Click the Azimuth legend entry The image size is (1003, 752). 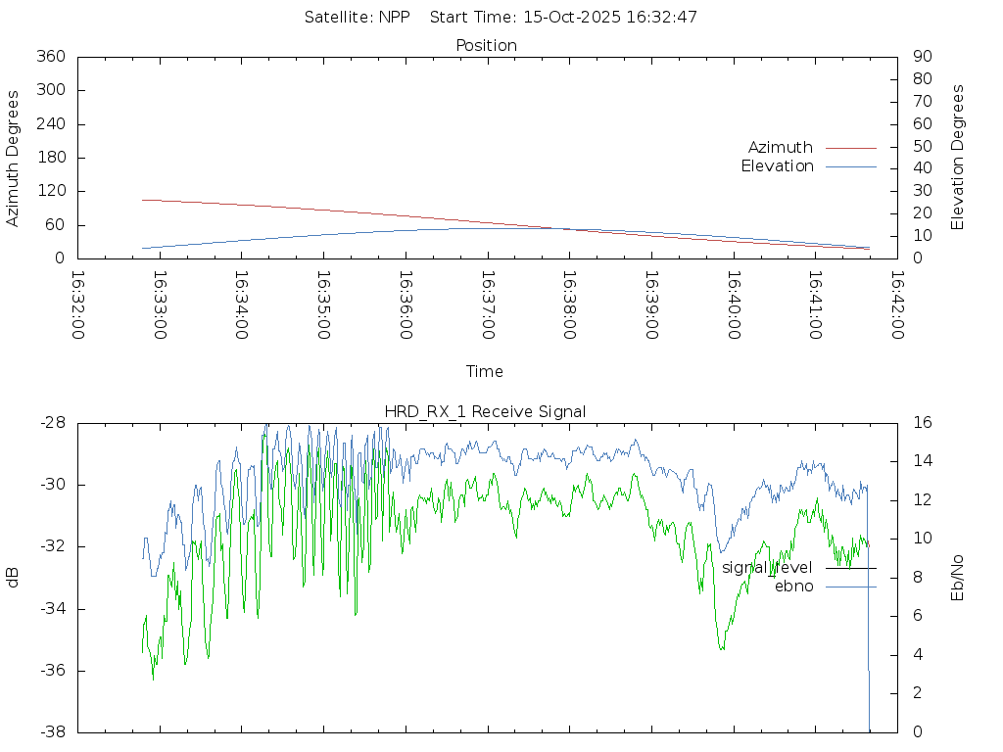(781, 148)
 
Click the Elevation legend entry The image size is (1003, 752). (777, 166)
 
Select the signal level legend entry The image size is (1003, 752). (767, 568)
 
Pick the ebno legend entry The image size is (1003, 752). (793, 587)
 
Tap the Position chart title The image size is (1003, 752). (486, 45)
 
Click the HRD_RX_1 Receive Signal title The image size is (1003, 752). (485, 411)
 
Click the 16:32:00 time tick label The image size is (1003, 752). (78, 305)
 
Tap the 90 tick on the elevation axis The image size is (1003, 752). (921, 57)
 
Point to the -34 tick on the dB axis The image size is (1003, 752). (52, 609)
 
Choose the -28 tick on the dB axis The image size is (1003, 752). (52, 423)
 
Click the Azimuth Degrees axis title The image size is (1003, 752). (14, 158)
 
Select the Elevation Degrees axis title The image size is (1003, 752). (958, 158)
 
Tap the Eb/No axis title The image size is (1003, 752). (958, 577)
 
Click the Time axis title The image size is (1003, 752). (485, 372)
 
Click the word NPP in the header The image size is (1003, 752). (395, 17)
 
